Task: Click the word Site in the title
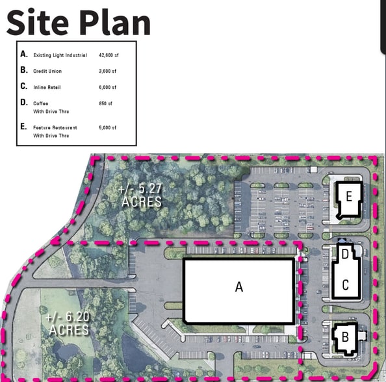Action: click(x=38, y=22)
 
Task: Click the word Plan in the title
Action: click(x=115, y=22)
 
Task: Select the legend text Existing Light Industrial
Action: click(x=60, y=55)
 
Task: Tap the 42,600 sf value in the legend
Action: click(x=109, y=55)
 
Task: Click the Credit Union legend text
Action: click(x=47, y=71)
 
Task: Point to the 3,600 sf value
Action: click(x=108, y=71)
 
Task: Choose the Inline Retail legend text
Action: click(x=47, y=87)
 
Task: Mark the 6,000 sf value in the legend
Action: click(x=108, y=87)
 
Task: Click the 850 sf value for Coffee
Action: click(x=105, y=104)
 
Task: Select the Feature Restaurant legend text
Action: click(x=55, y=128)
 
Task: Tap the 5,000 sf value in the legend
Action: click(x=108, y=128)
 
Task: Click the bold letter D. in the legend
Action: click(x=24, y=103)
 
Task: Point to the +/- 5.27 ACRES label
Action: click(x=140, y=196)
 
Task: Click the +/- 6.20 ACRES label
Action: click(x=68, y=323)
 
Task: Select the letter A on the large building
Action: click(x=239, y=286)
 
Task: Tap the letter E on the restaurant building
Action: click(x=349, y=197)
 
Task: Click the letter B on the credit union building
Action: click(x=345, y=337)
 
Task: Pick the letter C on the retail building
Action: click(x=345, y=285)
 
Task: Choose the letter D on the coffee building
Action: click(x=345, y=254)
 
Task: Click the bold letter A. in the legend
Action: click(x=24, y=54)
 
